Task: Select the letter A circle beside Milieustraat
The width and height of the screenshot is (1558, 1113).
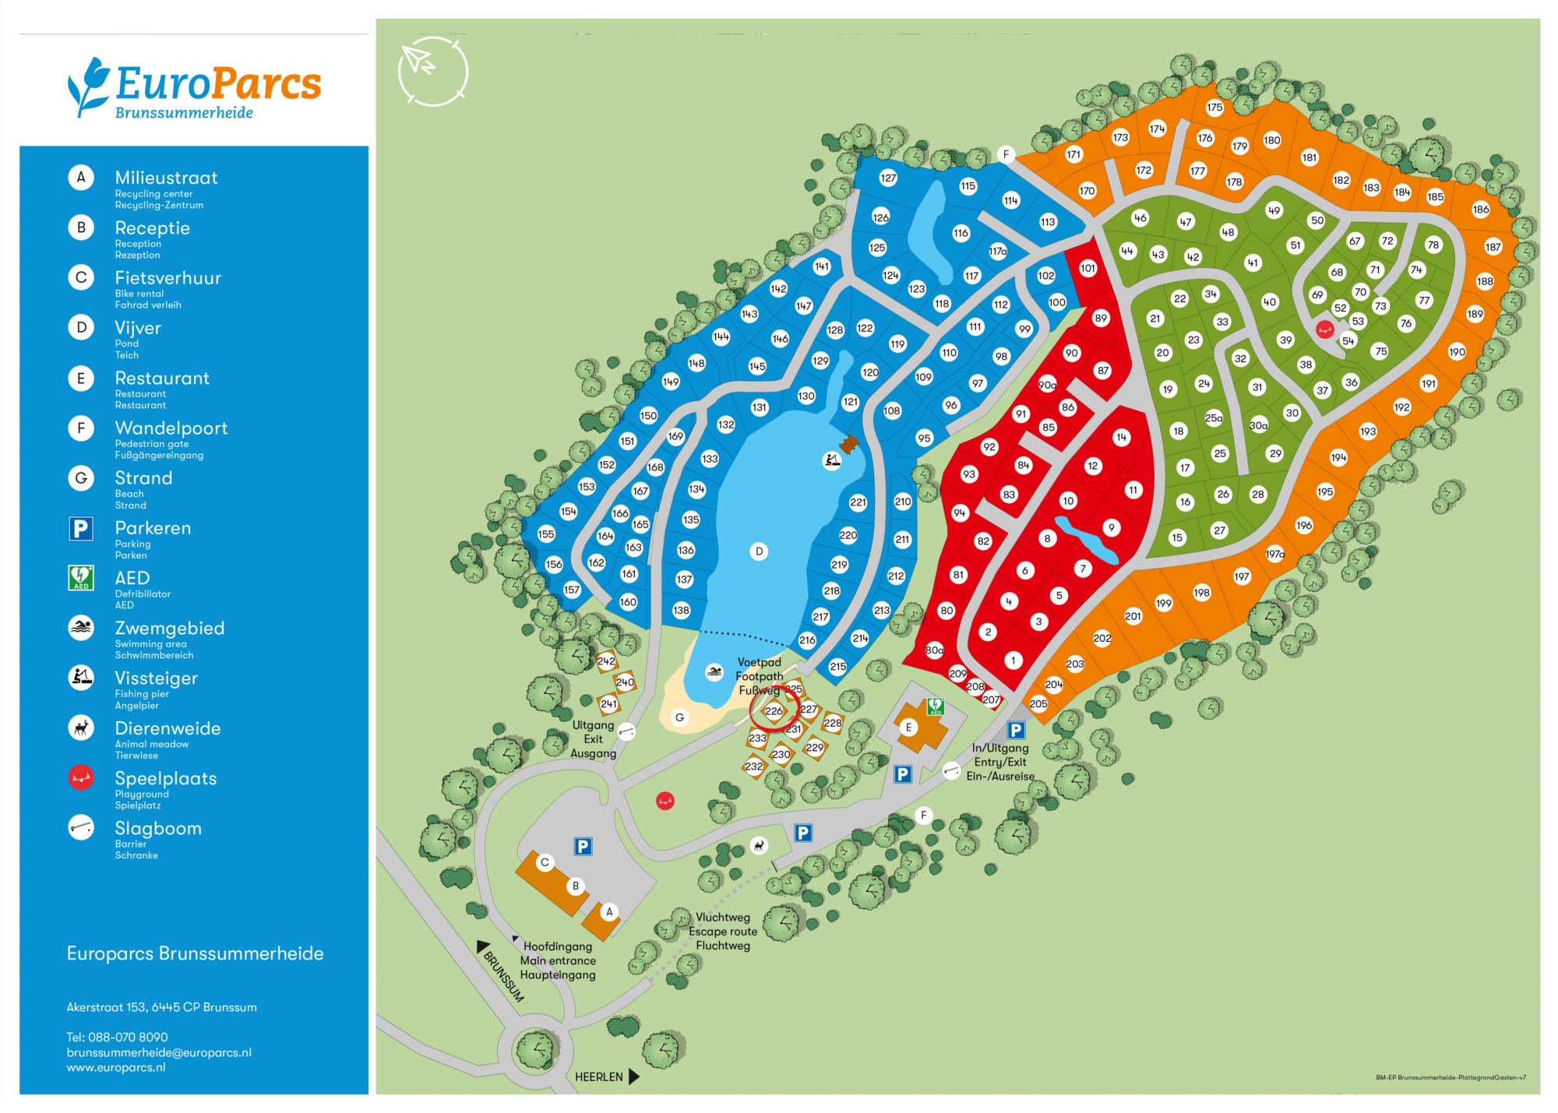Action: [81, 178]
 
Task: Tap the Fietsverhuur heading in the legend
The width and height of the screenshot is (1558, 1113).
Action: [167, 278]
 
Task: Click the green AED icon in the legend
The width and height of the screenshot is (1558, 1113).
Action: [81, 578]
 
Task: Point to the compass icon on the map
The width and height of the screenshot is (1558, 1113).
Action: [432, 71]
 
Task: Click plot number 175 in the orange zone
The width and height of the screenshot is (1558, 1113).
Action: [1214, 107]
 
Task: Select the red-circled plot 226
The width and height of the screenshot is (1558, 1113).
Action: [774, 710]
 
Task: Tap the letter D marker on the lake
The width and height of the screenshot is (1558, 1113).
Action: [759, 551]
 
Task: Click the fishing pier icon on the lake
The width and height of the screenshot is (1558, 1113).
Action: [832, 460]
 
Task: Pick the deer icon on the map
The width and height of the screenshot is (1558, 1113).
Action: [759, 846]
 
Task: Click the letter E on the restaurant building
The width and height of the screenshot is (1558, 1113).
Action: [908, 727]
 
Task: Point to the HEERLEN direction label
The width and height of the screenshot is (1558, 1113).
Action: [599, 1077]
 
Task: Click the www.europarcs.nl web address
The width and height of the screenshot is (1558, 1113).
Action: [116, 1067]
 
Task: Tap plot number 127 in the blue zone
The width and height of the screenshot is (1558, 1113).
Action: [888, 178]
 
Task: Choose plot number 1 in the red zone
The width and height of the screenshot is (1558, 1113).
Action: [1013, 660]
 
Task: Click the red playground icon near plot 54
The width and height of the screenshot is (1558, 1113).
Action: [1324, 329]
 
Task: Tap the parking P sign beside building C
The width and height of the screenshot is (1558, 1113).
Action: [583, 847]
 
